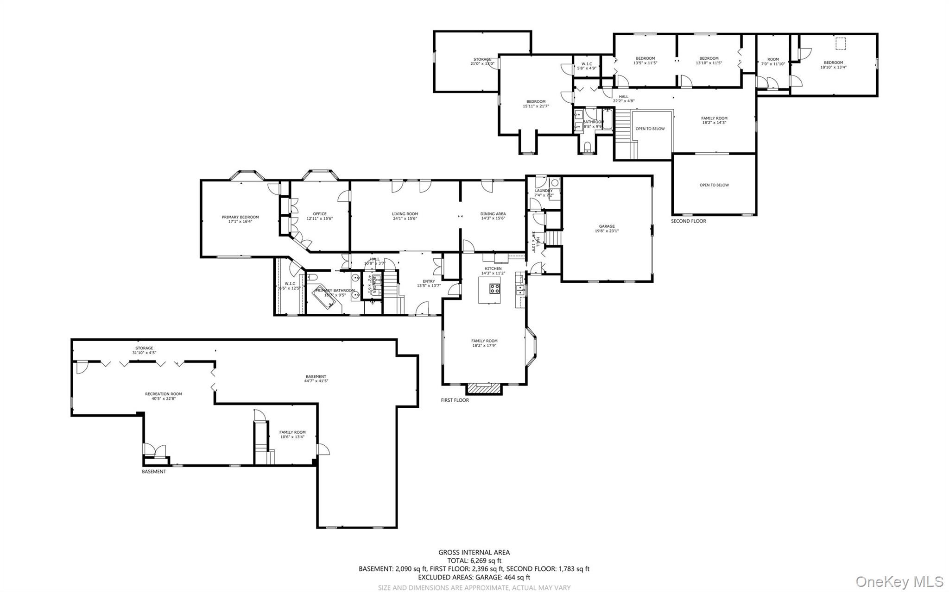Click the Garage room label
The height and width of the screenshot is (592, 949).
(x=607, y=226)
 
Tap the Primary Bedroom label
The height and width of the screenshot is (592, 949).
(x=240, y=217)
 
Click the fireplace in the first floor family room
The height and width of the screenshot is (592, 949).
(x=484, y=388)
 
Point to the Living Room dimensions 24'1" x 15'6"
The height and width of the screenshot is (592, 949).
(x=405, y=218)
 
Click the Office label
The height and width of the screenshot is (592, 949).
(x=320, y=214)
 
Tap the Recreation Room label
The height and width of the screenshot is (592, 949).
(x=163, y=394)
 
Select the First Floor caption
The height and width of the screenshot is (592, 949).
(x=455, y=400)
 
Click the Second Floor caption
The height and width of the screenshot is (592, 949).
(x=689, y=221)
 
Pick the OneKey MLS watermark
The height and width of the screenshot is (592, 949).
(x=899, y=581)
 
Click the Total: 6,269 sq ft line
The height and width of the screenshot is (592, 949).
(x=474, y=561)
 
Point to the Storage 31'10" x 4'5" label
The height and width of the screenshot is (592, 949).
(x=144, y=350)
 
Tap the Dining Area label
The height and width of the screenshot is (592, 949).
(x=493, y=214)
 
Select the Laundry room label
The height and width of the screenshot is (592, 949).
(x=544, y=191)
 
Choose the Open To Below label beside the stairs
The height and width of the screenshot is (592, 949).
(x=650, y=129)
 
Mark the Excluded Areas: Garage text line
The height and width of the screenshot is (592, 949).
(x=474, y=577)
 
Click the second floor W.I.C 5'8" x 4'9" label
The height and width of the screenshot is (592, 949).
(x=587, y=64)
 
